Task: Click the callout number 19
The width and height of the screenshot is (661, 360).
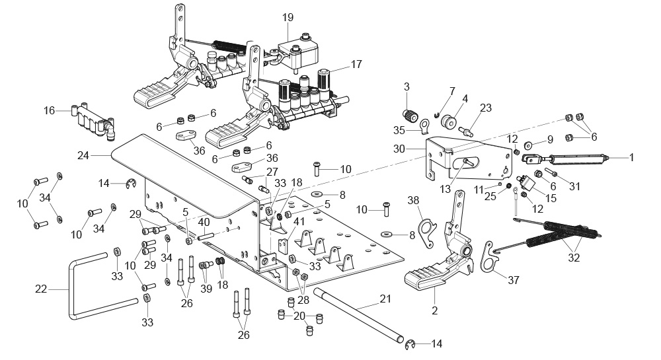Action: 288,18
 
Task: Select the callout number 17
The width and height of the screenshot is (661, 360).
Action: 356,65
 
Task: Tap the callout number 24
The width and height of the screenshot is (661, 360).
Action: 83,156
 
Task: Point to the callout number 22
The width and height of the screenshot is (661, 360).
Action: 41,290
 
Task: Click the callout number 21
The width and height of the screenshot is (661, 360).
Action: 385,299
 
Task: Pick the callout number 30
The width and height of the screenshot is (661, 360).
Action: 399,149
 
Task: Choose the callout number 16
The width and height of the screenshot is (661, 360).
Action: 50,111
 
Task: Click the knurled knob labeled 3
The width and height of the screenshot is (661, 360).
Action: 410,115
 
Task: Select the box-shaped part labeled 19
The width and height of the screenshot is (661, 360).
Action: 298,54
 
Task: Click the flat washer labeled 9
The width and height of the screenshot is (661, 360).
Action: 528,146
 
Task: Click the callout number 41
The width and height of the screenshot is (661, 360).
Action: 299,221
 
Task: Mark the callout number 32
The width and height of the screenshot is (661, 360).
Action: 574,257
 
